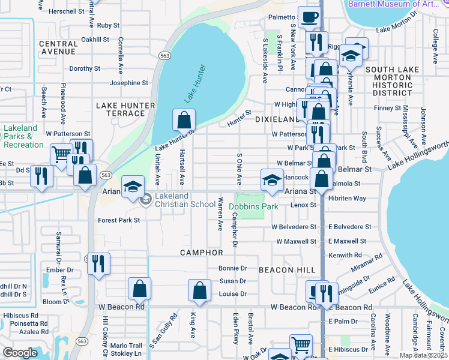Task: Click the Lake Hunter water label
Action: (x=193, y=84)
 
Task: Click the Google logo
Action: (x=20, y=353)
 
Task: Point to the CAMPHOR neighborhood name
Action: (x=202, y=253)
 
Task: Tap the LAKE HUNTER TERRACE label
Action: (x=125, y=109)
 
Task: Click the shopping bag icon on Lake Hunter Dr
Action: (x=184, y=120)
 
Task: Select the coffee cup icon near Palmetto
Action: (x=309, y=18)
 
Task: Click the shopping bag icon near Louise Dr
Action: (x=199, y=290)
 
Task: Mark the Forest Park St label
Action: (x=119, y=220)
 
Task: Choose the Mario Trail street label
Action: (x=126, y=346)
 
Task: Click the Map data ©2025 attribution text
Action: (x=424, y=355)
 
